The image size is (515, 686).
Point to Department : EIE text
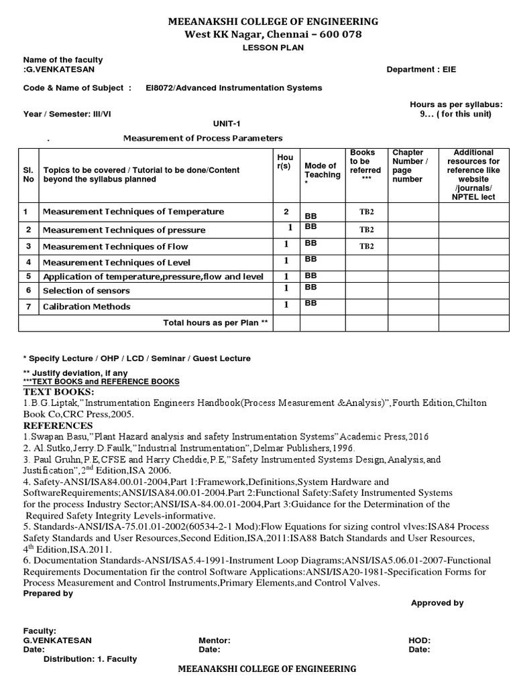pos(421,70)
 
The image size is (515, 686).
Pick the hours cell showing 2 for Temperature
pos(286,212)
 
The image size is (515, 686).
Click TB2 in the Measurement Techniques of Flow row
pos(366,246)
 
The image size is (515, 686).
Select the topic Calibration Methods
pos(87,306)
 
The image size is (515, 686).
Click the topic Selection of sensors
pos(86,291)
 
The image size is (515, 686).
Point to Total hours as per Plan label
pos(215,323)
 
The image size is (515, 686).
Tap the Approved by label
pos(437,603)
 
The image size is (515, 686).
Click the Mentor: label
pos(215,640)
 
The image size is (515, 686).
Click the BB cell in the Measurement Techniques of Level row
pos(310,259)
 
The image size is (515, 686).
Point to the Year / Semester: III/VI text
pos(67,114)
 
